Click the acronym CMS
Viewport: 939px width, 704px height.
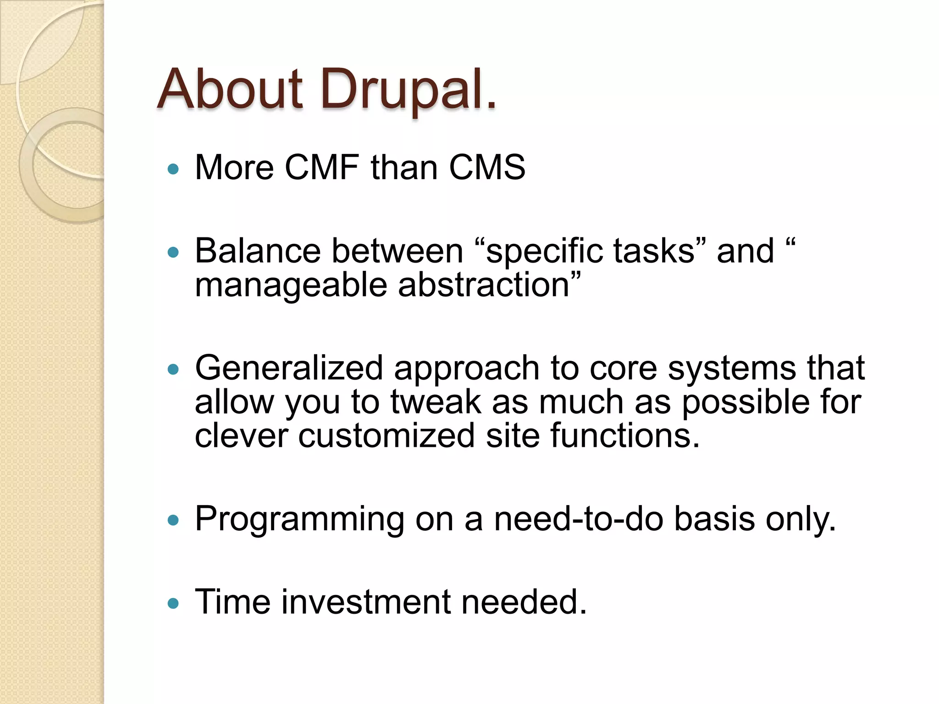[x=487, y=167]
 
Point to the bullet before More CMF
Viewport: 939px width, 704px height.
[x=173, y=170]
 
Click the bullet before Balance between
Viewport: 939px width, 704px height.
[x=173, y=253]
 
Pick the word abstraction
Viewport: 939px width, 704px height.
[x=483, y=285]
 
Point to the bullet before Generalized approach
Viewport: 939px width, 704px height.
[x=173, y=369]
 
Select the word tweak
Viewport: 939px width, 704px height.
[x=436, y=402]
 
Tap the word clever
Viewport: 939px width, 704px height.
[x=241, y=436]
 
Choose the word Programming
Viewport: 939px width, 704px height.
[x=299, y=520]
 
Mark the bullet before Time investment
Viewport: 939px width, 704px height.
[x=173, y=604]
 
